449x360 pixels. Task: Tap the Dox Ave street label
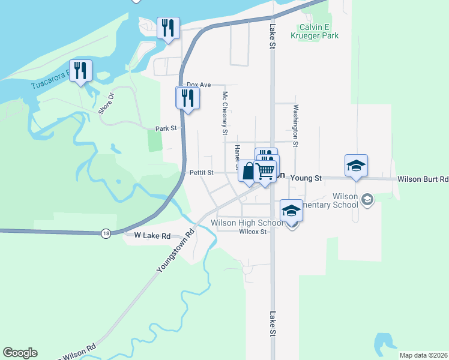click(199, 85)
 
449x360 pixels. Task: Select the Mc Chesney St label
click(225, 113)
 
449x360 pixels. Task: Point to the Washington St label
click(295, 125)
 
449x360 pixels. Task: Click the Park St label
click(166, 128)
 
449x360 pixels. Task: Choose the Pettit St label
click(202, 172)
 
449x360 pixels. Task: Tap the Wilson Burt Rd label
click(423, 179)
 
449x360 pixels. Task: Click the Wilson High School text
click(247, 223)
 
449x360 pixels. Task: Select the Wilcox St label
click(252, 232)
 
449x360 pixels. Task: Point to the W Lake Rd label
click(152, 236)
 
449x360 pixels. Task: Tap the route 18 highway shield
click(106, 234)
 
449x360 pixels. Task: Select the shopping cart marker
click(265, 171)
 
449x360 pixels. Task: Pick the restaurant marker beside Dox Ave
click(187, 97)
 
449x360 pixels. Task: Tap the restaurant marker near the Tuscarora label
click(80, 71)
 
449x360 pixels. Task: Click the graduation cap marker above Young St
click(356, 166)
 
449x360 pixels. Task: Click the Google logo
click(20, 353)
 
